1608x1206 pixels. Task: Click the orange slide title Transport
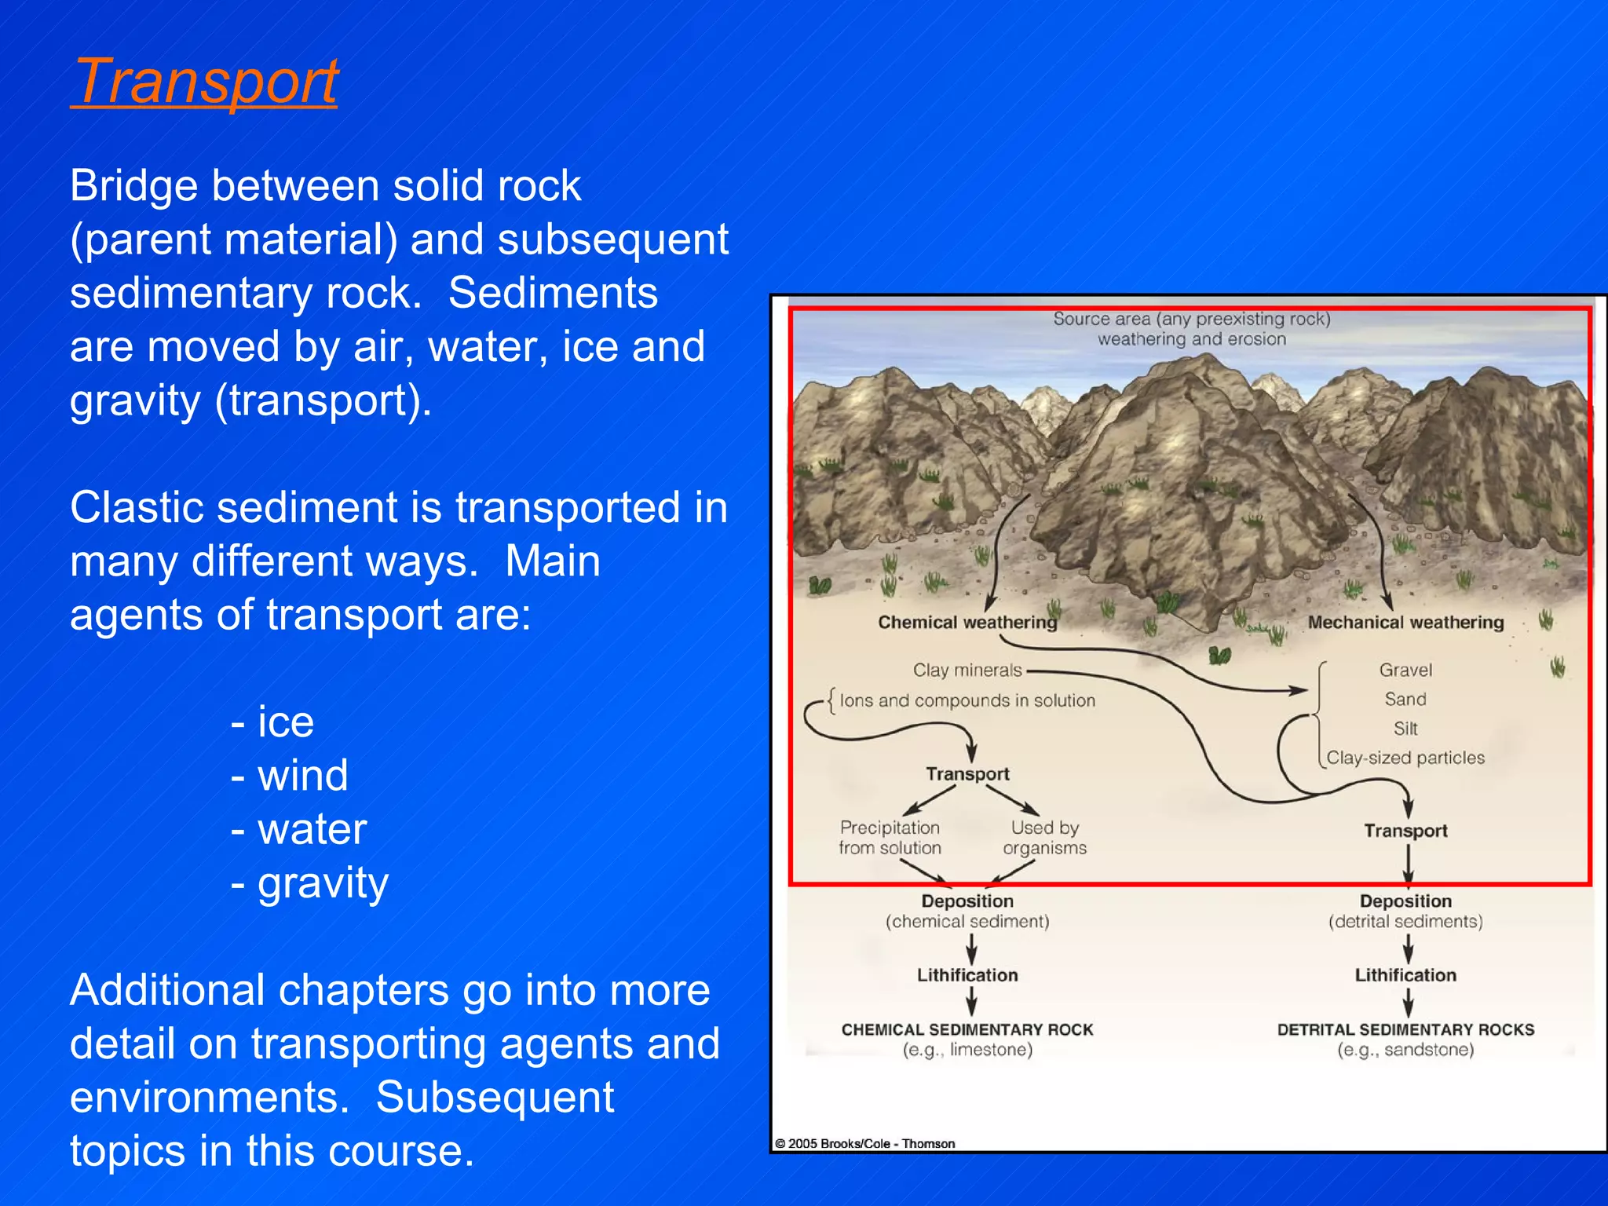tap(205, 82)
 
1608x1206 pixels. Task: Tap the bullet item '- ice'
tap(272, 722)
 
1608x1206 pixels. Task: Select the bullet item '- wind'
tap(290, 776)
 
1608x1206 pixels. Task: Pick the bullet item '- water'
tap(299, 829)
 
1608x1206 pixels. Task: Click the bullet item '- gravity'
tap(310, 883)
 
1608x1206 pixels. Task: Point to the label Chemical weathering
tap(967, 623)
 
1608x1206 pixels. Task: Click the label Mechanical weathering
tap(1405, 623)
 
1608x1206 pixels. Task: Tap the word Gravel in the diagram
tap(1405, 670)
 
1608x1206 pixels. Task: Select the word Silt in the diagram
tap(1405, 729)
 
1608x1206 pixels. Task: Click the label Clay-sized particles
tap(1405, 758)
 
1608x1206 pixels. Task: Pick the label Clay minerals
tap(967, 670)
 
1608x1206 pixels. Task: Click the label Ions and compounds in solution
tap(967, 700)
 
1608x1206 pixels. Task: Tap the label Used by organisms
tap(1044, 838)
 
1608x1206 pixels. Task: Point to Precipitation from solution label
tap(890, 838)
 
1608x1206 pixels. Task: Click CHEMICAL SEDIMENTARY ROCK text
tap(967, 1029)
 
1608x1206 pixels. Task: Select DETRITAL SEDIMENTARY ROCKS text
tap(1405, 1029)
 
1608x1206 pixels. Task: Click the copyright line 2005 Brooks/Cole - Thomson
tap(865, 1143)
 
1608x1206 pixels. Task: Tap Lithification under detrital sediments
tap(1405, 975)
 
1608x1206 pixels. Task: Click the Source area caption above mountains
tap(1192, 329)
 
